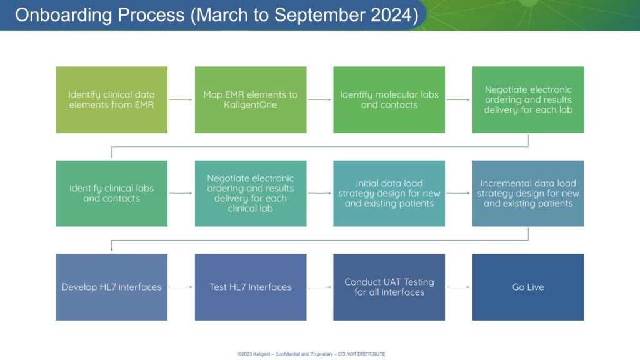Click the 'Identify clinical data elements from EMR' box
[x=111, y=99]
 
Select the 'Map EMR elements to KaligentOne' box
[x=251, y=99]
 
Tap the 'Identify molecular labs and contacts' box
[x=389, y=99]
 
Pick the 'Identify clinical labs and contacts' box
[x=111, y=194]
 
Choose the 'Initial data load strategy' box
[x=389, y=194]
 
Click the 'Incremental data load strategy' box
[x=528, y=194]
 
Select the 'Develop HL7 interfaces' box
[x=111, y=287]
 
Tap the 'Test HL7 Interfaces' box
[x=251, y=287]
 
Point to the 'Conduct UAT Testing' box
[x=389, y=287]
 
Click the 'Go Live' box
[x=528, y=287]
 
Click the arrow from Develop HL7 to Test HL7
[x=181, y=287]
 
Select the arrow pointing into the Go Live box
[x=458, y=287]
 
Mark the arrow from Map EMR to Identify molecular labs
[x=319, y=99]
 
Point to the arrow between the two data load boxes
[x=458, y=194]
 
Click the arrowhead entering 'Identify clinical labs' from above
[x=111, y=156]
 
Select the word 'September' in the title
[x=319, y=16]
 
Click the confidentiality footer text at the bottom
[x=311, y=354]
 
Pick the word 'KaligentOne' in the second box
[x=251, y=105]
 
